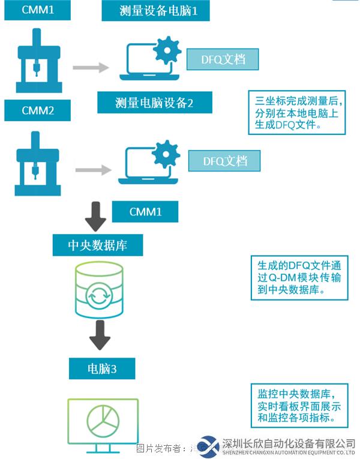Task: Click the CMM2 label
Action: click(37, 110)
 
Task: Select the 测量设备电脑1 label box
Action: click(155, 11)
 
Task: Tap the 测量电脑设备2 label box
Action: click(155, 102)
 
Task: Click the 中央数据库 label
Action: click(97, 245)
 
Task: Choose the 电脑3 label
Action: click(101, 368)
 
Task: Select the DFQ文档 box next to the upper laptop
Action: click(223, 60)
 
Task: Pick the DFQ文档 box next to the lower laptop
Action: click(225, 161)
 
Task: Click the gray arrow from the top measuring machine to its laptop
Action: click(91, 67)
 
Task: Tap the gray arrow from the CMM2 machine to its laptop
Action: click(93, 170)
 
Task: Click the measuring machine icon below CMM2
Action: click(37, 163)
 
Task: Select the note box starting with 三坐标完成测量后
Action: click(296, 113)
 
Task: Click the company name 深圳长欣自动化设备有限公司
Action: click(288, 443)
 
